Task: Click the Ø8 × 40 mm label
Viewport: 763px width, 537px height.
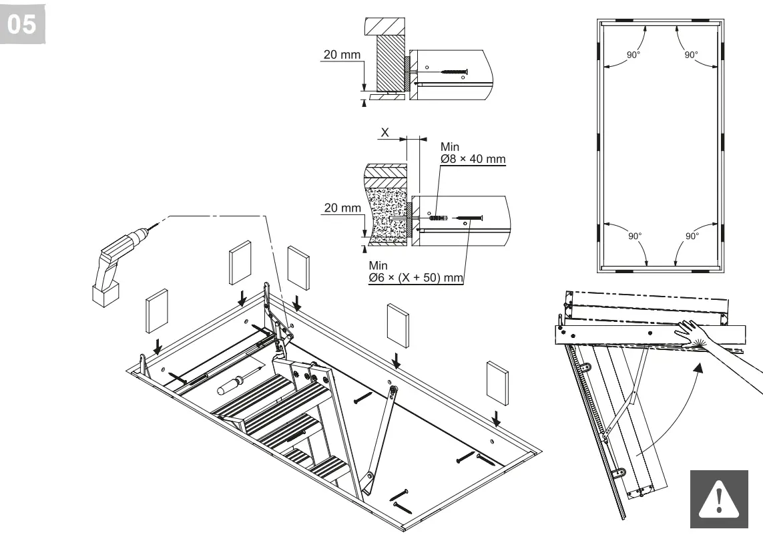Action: point(473,158)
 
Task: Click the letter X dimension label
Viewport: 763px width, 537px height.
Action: point(385,133)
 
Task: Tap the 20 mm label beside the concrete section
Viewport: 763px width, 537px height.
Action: point(341,208)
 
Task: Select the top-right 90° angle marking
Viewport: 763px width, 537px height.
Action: point(692,55)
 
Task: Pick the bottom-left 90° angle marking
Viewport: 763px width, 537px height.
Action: point(634,236)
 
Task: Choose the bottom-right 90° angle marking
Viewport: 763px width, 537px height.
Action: point(692,236)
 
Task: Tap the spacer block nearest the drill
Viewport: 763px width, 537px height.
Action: point(156,312)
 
